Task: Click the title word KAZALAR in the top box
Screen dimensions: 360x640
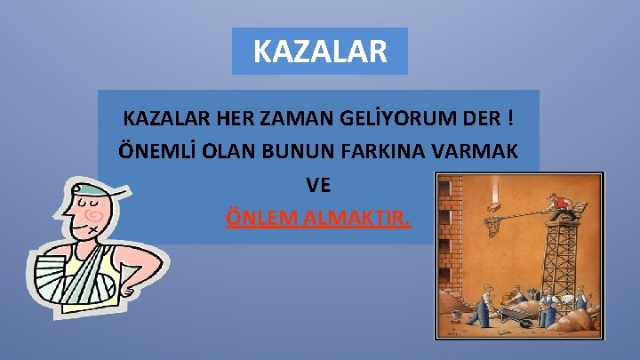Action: (320, 51)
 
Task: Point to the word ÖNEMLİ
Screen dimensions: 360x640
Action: (155, 150)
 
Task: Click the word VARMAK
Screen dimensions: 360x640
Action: (484, 150)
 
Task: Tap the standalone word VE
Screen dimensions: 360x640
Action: (318, 184)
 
